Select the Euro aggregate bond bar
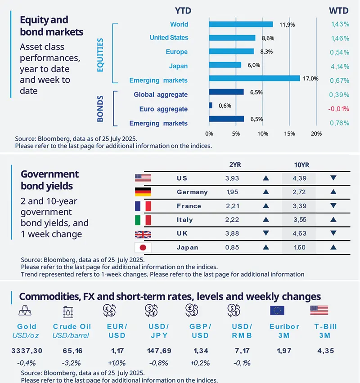point(211,105)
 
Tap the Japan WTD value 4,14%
point(340,66)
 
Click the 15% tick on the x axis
point(289,134)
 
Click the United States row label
point(169,38)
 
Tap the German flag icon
point(143,192)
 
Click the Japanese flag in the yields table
point(143,248)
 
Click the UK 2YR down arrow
point(265,234)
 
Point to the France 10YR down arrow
point(333,206)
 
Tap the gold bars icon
point(26,311)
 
